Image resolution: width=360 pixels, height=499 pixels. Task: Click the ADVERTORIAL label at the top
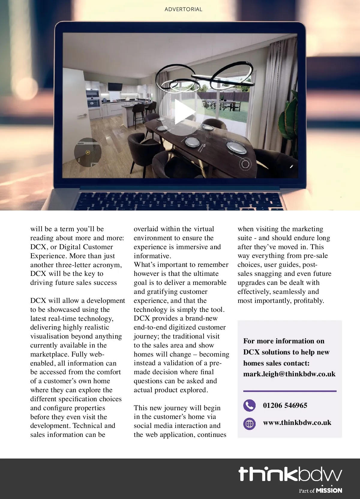(x=183, y=9)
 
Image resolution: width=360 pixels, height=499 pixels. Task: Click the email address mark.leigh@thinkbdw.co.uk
(x=289, y=374)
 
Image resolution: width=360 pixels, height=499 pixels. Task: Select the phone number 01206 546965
(x=285, y=405)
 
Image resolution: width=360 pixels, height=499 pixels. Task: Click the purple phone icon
(x=249, y=406)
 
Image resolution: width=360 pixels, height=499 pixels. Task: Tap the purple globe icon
(x=249, y=424)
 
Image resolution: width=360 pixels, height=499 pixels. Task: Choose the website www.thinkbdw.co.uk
(x=297, y=423)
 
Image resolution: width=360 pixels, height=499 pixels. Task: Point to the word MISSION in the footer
(x=329, y=490)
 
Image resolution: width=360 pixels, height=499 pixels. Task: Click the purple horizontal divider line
(x=289, y=391)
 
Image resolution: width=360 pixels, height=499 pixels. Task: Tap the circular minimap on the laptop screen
(x=88, y=152)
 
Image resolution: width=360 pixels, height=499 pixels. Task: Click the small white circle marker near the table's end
(x=245, y=164)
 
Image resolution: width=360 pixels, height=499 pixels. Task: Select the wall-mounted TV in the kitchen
(x=115, y=86)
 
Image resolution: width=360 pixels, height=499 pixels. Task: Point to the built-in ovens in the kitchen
(x=93, y=98)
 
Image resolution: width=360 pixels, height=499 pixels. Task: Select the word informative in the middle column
(x=152, y=256)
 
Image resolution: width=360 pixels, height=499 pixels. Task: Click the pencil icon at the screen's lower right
(x=291, y=166)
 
